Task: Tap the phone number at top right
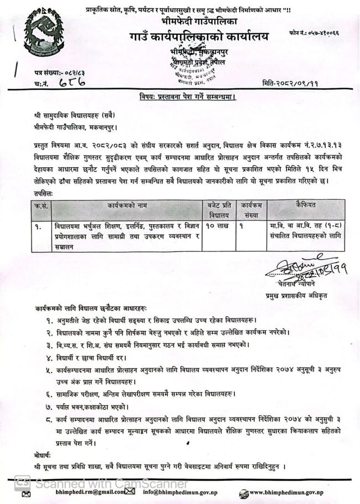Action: click(313, 34)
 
